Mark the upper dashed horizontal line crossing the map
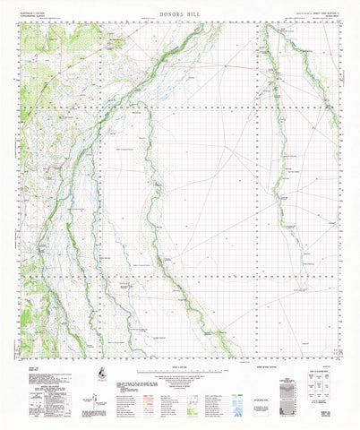coord(179,137)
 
